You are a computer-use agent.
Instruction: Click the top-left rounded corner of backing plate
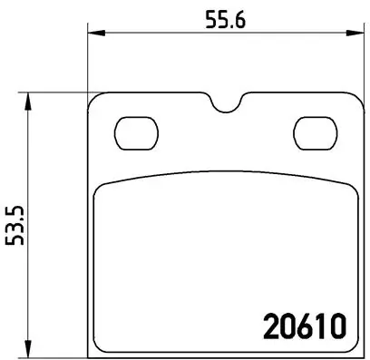(93, 99)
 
